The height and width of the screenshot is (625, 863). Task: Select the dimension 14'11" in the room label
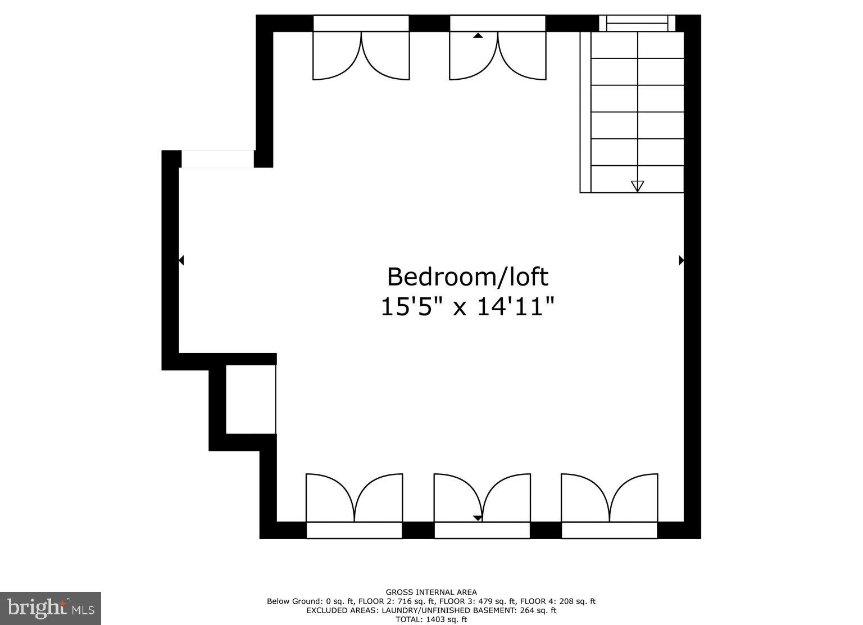pyautogui.click(x=516, y=307)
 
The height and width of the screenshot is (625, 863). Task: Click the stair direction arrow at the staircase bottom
pyautogui.click(x=637, y=186)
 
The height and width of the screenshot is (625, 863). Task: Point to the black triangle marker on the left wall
pyautogui.click(x=181, y=260)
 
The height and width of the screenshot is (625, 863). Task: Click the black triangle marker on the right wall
pyautogui.click(x=682, y=260)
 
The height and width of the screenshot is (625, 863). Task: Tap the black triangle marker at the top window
pyautogui.click(x=478, y=35)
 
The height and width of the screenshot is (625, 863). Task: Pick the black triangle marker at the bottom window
pyautogui.click(x=477, y=518)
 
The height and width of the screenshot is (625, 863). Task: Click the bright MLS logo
pyautogui.click(x=51, y=608)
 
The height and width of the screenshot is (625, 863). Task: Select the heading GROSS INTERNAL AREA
pyautogui.click(x=431, y=592)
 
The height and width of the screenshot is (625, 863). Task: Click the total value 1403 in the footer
pyautogui.click(x=434, y=619)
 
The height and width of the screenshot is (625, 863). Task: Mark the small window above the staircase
pyautogui.click(x=637, y=24)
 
